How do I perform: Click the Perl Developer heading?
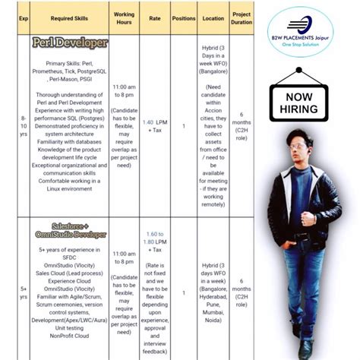pos(70,43)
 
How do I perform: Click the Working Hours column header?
pos(124,17)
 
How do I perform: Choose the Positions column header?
pos(183,17)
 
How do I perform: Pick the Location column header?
pos(213,17)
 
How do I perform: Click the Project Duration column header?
pos(242,17)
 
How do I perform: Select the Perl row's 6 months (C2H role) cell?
pos(242,125)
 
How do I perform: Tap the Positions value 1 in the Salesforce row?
pos(183,292)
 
